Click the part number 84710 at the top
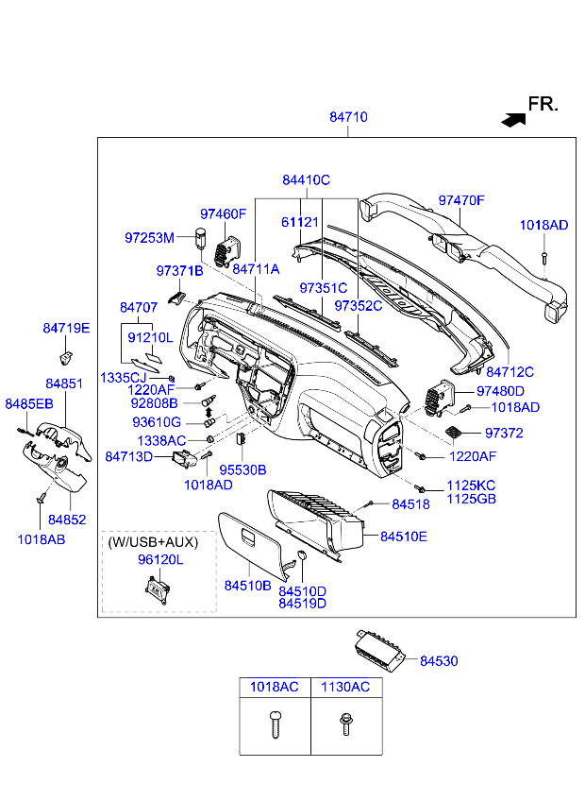click(348, 117)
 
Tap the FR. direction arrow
click(513, 120)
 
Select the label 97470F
click(461, 200)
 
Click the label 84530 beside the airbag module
click(439, 660)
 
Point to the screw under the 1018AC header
click(276, 724)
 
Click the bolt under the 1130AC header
click(346, 724)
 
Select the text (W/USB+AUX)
click(153, 542)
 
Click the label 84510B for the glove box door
click(247, 586)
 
